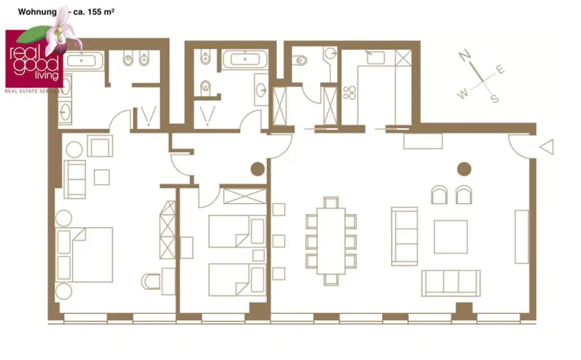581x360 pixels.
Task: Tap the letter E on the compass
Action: tap(500, 69)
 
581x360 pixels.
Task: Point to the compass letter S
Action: tap(494, 99)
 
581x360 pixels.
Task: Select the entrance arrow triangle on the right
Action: tap(546, 147)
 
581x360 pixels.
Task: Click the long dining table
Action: tap(331, 241)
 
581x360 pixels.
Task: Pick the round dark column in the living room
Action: tap(464, 169)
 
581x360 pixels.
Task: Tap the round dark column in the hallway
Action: tap(258, 169)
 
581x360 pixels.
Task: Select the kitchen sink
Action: tap(375, 57)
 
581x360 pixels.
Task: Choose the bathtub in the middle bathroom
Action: tap(245, 59)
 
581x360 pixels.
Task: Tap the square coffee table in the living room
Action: tap(451, 237)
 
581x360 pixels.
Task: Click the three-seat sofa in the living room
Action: tap(451, 283)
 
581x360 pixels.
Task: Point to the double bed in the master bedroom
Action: tap(85, 254)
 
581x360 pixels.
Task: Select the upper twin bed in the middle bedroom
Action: tap(237, 231)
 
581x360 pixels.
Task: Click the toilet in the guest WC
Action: tap(301, 59)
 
